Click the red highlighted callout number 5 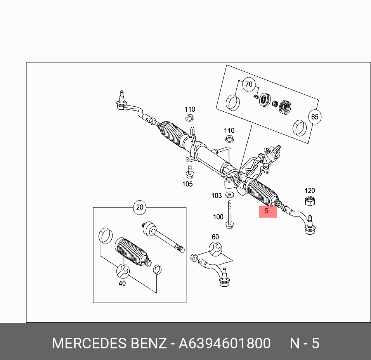click(267, 211)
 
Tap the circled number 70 click(248, 84)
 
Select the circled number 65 click(314, 117)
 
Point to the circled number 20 click(140, 207)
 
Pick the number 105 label click(187, 184)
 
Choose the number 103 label click(217, 196)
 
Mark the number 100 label click(218, 217)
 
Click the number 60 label click(215, 237)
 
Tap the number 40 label click(122, 284)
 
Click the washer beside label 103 click(229, 194)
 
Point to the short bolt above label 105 click(189, 171)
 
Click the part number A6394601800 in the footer click(224, 343)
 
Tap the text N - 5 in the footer click(305, 343)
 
